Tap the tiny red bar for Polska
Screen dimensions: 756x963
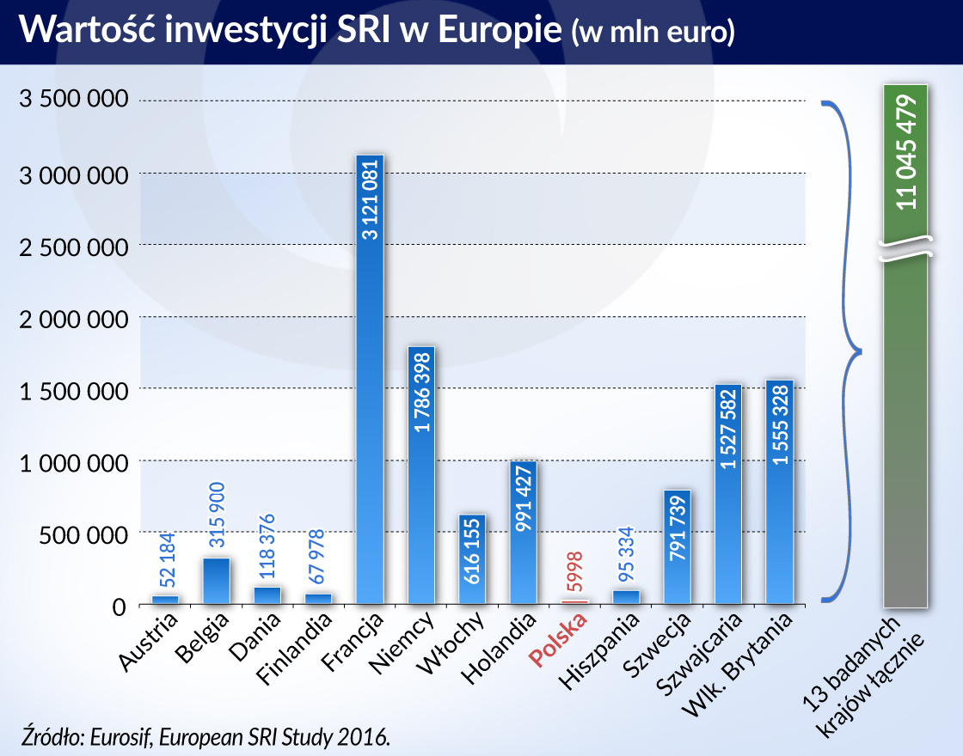[574, 601]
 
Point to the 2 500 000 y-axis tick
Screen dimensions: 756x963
[73, 246]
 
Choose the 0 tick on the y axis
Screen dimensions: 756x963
[119, 606]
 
